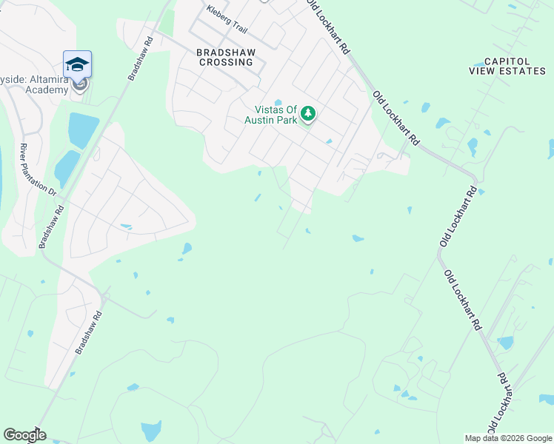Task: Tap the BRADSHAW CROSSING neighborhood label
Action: pos(224,57)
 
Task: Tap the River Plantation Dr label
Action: pos(38,169)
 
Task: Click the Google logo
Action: pos(24,434)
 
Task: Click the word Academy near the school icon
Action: pos(52,89)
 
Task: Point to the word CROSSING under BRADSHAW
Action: pos(224,62)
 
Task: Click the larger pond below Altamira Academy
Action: pos(83,130)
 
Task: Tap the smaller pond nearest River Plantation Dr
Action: pos(66,169)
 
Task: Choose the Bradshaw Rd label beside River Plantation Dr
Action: pos(50,226)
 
